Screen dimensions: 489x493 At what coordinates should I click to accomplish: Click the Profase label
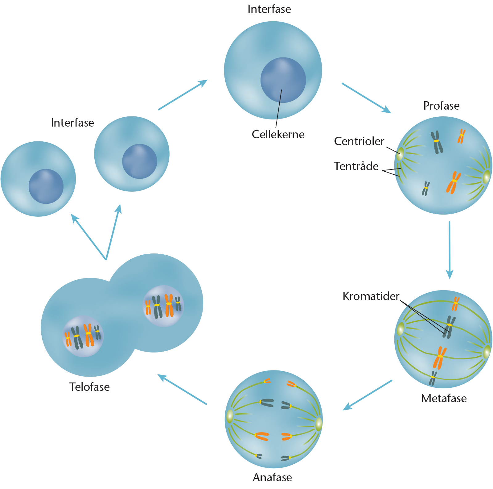[441, 106]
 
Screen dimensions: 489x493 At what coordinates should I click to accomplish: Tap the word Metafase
[443, 398]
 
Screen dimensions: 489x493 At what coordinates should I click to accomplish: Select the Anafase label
[272, 477]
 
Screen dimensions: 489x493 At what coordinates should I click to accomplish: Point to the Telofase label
[89, 387]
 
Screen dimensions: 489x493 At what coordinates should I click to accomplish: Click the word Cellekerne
[278, 134]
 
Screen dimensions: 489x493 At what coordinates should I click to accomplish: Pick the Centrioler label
[359, 141]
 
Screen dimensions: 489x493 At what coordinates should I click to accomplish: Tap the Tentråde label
[356, 166]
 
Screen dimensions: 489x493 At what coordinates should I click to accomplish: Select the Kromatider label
[371, 296]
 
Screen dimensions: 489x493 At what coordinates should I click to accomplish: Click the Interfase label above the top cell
[269, 9]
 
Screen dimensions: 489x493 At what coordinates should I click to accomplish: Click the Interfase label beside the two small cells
[72, 123]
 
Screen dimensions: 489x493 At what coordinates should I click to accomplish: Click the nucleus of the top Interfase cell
[283, 80]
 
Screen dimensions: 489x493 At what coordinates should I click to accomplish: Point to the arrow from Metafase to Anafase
[367, 395]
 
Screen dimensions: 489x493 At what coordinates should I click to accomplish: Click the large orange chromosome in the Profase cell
[453, 182]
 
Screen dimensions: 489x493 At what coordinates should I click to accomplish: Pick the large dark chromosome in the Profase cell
[437, 142]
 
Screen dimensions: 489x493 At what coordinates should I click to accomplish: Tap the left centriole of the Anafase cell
[230, 416]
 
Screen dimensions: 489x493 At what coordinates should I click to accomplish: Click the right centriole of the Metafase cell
[487, 352]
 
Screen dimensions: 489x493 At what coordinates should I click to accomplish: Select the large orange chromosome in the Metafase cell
[440, 357]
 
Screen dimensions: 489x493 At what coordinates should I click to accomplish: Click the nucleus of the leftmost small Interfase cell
[46, 186]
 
